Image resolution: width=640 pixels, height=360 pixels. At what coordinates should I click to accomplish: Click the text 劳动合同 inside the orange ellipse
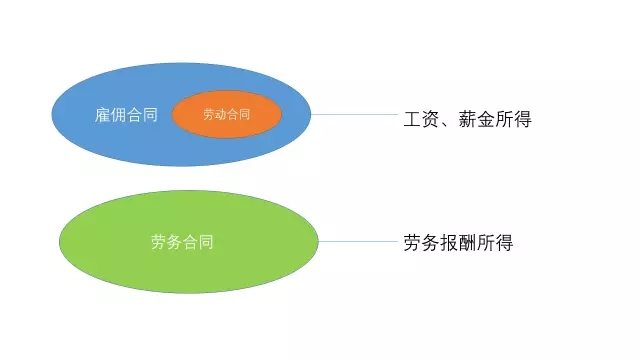(x=226, y=115)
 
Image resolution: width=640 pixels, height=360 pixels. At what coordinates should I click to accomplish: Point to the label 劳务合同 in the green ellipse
(x=182, y=241)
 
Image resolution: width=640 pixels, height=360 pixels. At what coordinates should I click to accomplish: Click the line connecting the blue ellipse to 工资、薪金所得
(x=354, y=114)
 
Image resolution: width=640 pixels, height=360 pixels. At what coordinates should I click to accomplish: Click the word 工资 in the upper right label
(x=418, y=119)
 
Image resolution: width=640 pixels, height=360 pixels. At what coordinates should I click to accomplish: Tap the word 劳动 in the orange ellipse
(x=214, y=115)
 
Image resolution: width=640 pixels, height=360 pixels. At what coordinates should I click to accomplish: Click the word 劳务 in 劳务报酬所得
(x=421, y=242)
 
